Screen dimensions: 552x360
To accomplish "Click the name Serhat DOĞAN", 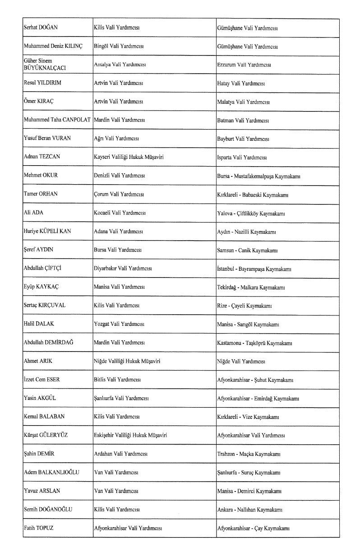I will pos(41,28).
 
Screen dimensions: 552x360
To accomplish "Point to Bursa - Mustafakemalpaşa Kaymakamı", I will pos(258,176).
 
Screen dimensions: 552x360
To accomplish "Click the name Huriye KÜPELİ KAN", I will pos(47,232).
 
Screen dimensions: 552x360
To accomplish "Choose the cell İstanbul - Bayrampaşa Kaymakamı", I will pos(254,269).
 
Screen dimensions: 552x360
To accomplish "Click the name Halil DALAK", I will pos(36,324).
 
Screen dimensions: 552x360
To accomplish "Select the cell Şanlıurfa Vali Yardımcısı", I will pos(121,398).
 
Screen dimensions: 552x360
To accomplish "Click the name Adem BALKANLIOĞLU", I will pos(51,472).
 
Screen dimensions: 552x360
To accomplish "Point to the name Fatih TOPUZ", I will pos(39,528).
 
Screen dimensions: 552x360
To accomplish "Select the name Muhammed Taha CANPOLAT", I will pos(57,121).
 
